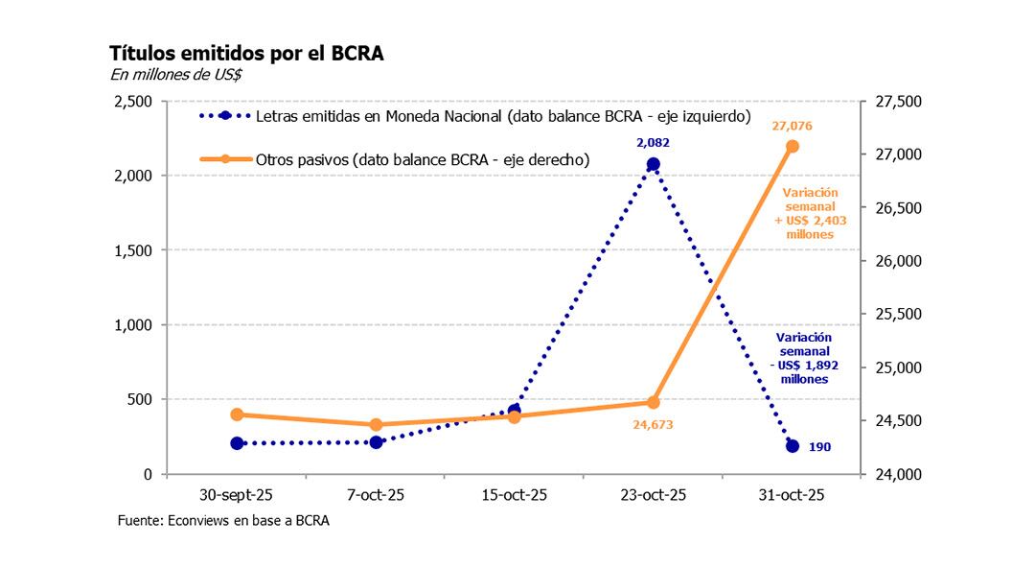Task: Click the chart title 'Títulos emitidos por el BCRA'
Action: point(247,54)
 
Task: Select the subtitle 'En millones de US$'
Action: point(176,75)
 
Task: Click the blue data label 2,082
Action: point(653,143)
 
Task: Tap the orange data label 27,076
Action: point(792,125)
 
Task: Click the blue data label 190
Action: point(819,447)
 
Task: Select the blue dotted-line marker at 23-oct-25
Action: point(653,164)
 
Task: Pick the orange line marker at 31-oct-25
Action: point(793,146)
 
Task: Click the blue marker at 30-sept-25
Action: point(237,443)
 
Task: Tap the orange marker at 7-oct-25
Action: point(376,424)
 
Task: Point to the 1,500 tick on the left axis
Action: point(133,250)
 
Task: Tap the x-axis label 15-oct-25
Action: point(515,496)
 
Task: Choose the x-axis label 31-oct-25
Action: point(793,496)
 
